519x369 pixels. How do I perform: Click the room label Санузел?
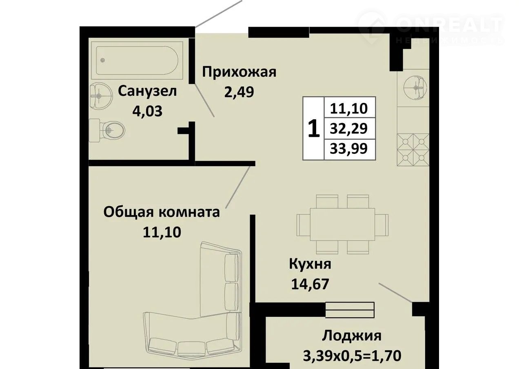[x=147, y=91]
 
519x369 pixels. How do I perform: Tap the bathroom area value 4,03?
[x=147, y=111]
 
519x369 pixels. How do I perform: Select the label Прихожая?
[x=239, y=72]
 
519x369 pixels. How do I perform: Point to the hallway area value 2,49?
[x=239, y=92]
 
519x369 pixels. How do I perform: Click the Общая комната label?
[x=162, y=212]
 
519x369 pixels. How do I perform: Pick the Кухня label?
[x=310, y=264]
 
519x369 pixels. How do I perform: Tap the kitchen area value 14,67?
[x=310, y=284]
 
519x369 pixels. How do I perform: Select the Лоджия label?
[x=351, y=336]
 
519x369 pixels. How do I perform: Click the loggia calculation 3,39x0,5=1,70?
[x=352, y=356]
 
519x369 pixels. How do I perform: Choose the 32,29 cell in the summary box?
[x=349, y=129]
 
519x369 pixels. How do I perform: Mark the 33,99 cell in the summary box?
[x=349, y=149]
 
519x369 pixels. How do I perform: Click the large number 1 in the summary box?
[x=314, y=128]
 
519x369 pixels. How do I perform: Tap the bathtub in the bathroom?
[x=137, y=60]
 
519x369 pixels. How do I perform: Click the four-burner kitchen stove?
[x=413, y=150]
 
